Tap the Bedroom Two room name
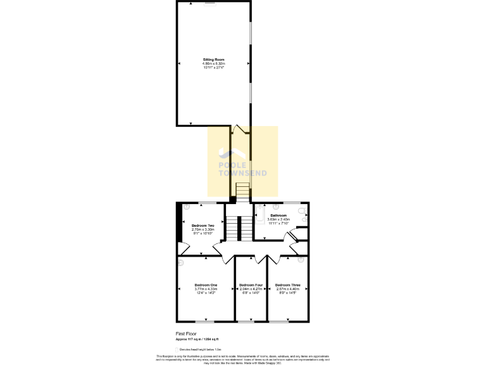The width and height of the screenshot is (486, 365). pyautogui.click(x=202, y=226)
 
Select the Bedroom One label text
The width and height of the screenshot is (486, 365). pyautogui.click(x=206, y=285)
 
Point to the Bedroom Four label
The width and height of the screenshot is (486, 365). pyautogui.click(x=251, y=285)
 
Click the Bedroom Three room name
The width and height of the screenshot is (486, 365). pyautogui.click(x=287, y=285)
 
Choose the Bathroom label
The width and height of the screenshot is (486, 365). pyautogui.click(x=278, y=215)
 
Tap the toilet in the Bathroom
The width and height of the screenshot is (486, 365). pyautogui.click(x=302, y=212)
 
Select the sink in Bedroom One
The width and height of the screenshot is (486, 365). pyautogui.click(x=181, y=262)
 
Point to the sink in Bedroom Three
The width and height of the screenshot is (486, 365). pyautogui.click(x=301, y=260)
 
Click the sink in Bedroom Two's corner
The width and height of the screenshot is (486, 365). pyautogui.click(x=187, y=207)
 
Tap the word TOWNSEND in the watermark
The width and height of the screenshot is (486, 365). pyautogui.click(x=243, y=173)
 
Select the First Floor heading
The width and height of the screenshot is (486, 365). pyautogui.click(x=185, y=333)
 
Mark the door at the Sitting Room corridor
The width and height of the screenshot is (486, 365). pyautogui.click(x=239, y=130)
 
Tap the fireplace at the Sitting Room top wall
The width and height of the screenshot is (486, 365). pyautogui.click(x=209, y=3)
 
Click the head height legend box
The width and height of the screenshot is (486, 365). pyautogui.click(x=177, y=349)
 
